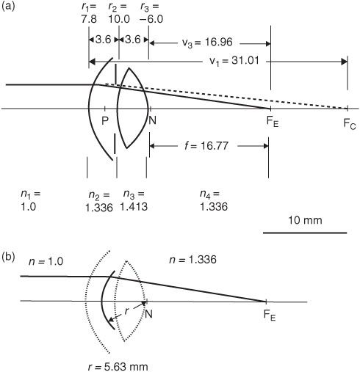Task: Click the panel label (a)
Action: [x=8, y=6]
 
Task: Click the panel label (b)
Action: [x=8, y=257]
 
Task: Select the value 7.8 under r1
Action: [x=89, y=19]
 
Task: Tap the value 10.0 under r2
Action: [x=119, y=19]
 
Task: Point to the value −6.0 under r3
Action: [x=151, y=19]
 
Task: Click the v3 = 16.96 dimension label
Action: [x=207, y=43]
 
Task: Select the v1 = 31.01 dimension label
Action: [x=234, y=60]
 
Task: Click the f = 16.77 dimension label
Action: [x=206, y=146]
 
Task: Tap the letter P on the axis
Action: [x=105, y=120]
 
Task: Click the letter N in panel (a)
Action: [x=152, y=120]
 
